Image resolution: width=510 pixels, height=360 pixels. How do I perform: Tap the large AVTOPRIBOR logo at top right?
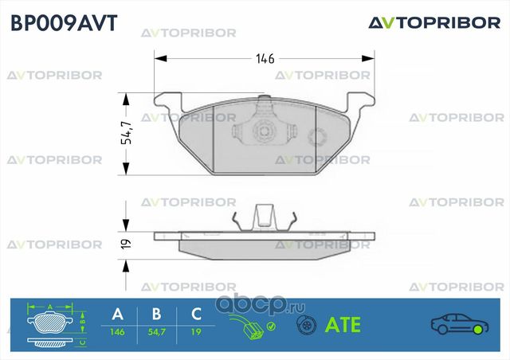point(433,22)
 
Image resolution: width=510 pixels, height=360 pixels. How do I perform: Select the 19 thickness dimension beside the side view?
point(126,243)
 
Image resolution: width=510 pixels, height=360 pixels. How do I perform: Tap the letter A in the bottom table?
point(118,313)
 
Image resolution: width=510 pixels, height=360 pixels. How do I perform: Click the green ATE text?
point(343,325)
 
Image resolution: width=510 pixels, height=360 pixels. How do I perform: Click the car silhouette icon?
point(459,323)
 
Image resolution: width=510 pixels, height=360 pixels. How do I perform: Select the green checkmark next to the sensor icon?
point(272,326)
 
